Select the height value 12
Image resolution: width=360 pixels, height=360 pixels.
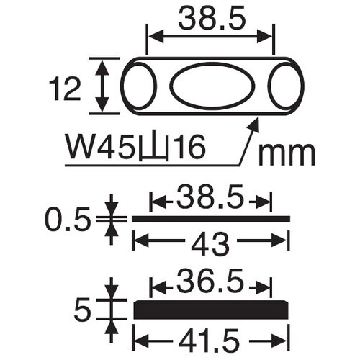66,89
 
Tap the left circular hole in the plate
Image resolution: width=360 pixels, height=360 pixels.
139,86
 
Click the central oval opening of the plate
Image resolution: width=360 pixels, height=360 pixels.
211,86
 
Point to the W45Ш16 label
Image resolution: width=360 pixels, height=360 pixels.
135,149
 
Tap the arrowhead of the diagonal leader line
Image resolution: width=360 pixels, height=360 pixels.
253,124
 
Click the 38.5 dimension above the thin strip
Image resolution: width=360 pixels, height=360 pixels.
210,197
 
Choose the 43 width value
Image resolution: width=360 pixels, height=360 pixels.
210,246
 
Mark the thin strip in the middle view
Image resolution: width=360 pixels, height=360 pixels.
210,218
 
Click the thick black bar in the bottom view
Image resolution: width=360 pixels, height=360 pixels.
212,310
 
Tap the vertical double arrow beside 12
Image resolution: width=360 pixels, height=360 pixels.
103,86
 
